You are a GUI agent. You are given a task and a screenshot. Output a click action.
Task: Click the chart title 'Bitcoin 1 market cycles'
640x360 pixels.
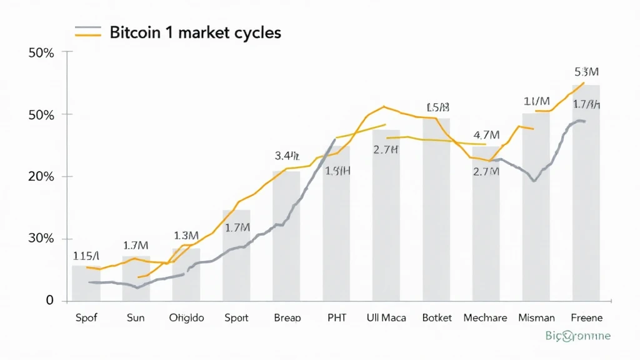pos(195,32)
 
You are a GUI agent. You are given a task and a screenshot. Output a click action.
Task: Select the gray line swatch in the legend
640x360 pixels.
pos(87,28)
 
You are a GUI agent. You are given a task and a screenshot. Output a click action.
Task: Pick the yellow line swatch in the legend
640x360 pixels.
pos(87,36)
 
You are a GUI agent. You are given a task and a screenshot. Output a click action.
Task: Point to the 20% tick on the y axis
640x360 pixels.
pos(42,176)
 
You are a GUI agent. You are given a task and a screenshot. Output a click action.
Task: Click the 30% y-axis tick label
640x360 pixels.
pos(42,239)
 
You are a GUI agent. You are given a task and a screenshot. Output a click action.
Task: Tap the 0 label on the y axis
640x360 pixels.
pos(50,301)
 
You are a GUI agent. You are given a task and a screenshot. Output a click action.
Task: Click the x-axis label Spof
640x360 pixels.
pos(86,317)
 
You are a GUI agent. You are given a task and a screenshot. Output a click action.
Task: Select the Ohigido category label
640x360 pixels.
pos(186,317)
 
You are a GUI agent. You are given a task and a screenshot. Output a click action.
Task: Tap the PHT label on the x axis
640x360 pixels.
pos(337,317)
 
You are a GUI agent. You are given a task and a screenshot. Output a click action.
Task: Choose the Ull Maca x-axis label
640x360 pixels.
pos(386,317)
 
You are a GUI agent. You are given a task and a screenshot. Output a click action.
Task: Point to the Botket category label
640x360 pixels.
pos(436,317)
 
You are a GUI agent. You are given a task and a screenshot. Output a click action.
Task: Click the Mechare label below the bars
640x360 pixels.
pos(486,317)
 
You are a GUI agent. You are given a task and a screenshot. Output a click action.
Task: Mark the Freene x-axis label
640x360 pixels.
pos(586,317)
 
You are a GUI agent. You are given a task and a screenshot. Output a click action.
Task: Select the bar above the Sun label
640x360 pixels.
pos(136,279)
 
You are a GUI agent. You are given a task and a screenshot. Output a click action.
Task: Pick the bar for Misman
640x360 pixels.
pos(536,207)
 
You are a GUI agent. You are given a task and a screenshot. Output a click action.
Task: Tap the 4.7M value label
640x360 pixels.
pos(486,134)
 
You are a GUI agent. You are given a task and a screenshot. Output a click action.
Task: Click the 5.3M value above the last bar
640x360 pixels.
pos(586,72)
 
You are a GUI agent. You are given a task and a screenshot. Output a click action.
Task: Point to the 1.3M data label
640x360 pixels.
pos(186,236)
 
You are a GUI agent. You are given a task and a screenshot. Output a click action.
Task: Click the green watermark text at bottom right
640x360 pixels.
pos(577,336)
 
